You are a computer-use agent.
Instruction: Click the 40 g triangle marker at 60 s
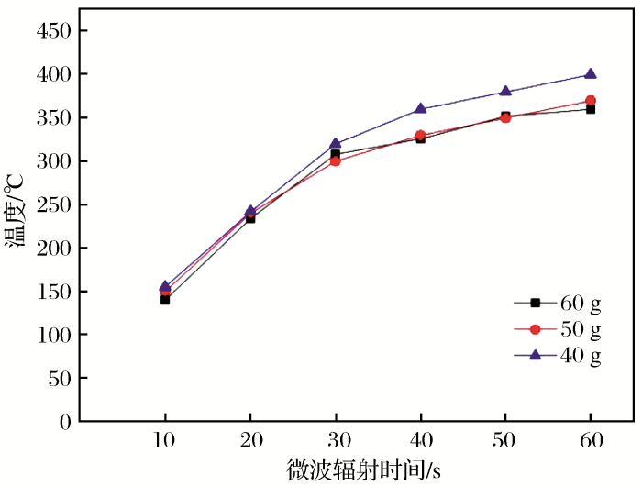point(591,74)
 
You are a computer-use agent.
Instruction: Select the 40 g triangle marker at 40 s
point(420,109)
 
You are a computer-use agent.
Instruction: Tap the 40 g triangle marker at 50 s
point(505,92)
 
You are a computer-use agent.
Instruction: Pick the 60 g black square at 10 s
point(165,300)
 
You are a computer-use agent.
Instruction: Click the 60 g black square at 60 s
point(591,109)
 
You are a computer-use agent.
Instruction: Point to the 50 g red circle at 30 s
point(335,160)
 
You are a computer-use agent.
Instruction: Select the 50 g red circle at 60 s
point(591,101)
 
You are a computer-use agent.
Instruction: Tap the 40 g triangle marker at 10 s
point(165,287)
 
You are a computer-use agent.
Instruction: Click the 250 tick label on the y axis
point(52,204)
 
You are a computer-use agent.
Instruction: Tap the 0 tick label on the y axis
point(64,422)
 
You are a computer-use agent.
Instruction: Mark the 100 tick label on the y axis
point(52,336)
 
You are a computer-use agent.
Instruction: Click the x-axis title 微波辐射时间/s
point(363,470)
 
